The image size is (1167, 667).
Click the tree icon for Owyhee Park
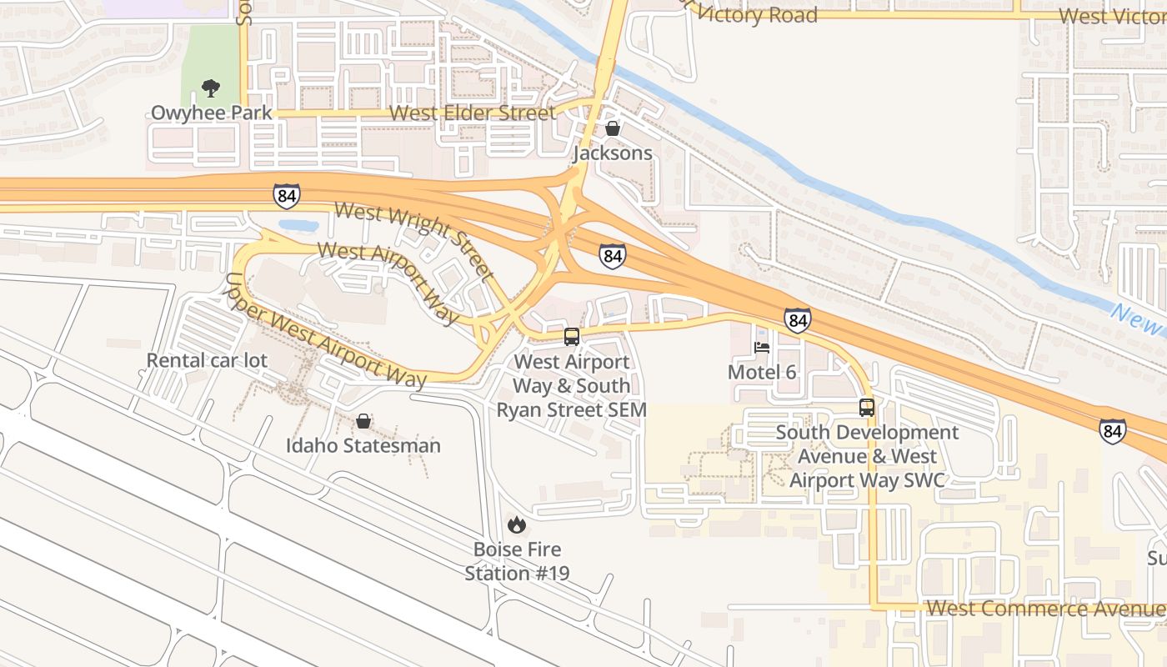(211, 88)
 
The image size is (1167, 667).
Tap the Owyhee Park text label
(211, 113)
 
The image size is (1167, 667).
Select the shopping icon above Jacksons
(613, 128)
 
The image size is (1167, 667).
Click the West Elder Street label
(472, 113)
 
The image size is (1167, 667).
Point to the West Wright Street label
(413, 240)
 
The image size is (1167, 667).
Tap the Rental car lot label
(207, 360)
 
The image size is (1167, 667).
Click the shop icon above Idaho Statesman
(363, 421)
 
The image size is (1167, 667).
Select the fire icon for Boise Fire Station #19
(517, 524)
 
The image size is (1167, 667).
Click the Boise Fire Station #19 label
(517, 561)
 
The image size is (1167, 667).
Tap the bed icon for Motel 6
(762, 348)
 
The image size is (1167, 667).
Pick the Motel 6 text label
(762, 372)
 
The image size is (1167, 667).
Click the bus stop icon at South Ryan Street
(572, 337)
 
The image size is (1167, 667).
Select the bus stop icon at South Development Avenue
(867, 408)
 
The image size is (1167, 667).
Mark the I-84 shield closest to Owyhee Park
(286, 196)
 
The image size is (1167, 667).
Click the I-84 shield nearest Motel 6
(797, 320)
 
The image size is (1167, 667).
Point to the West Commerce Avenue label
(1044, 608)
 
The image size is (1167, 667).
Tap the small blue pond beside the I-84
(298, 225)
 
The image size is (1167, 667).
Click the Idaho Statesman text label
(363, 445)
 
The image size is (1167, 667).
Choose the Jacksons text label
(613, 153)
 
